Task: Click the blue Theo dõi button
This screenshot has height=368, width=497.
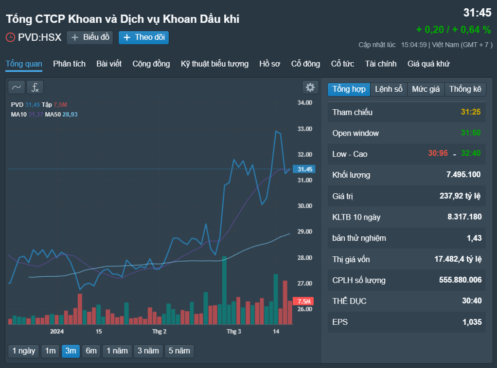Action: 143,37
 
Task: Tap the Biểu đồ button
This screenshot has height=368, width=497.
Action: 89,37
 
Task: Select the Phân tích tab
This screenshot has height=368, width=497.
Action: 69,64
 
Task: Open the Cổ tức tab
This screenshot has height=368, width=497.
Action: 342,64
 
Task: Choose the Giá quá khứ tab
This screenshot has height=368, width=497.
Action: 428,64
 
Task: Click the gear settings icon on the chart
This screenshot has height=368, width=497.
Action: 310,87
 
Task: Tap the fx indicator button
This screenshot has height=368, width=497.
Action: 35,87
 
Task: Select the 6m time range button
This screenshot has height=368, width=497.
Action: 91,351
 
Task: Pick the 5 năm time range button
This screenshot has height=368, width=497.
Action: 179,351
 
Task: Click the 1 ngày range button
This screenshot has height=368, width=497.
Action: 24,351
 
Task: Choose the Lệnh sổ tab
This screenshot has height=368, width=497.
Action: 389,89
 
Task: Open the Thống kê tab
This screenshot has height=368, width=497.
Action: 465,89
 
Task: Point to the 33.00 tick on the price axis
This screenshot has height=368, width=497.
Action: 304,129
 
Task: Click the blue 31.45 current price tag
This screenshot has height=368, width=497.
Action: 304,169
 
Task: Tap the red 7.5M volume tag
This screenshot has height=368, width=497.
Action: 303,301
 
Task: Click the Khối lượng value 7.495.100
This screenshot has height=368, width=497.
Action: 463,175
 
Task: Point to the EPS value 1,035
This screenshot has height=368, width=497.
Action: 472,322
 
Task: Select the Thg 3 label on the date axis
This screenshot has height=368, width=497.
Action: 233,331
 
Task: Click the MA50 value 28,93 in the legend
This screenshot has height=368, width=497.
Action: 70,115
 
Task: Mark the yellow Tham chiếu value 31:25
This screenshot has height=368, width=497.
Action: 471,112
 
